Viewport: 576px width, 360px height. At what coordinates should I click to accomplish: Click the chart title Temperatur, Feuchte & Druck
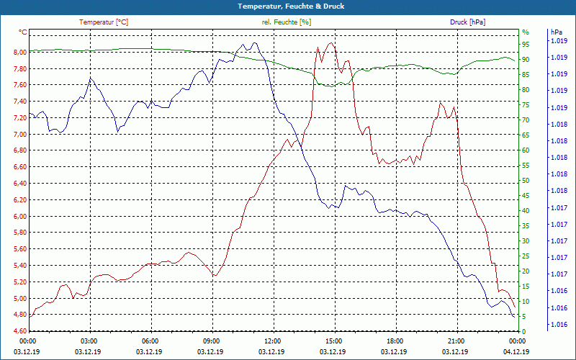coord(288,6)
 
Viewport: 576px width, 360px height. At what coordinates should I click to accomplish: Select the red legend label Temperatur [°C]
coord(104,22)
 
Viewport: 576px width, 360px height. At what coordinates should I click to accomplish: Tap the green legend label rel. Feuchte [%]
coord(287,22)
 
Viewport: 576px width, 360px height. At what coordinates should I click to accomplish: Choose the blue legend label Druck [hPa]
coord(467,22)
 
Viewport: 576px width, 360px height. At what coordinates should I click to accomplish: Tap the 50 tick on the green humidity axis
coord(526,180)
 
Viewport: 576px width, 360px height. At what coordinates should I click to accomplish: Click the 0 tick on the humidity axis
coord(523,331)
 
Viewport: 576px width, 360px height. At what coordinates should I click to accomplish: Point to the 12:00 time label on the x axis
coord(272,341)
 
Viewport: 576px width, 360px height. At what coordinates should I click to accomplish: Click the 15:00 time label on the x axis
coord(333,341)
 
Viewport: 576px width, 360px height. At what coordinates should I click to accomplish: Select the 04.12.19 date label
coord(516,351)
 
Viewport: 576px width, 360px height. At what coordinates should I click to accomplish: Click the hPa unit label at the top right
coord(556,32)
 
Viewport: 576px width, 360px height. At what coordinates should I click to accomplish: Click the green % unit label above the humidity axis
coord(525,32)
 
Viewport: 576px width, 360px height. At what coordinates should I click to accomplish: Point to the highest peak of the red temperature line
coord(330,43)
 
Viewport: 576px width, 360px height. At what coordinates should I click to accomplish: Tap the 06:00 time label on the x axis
coord(150,341)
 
